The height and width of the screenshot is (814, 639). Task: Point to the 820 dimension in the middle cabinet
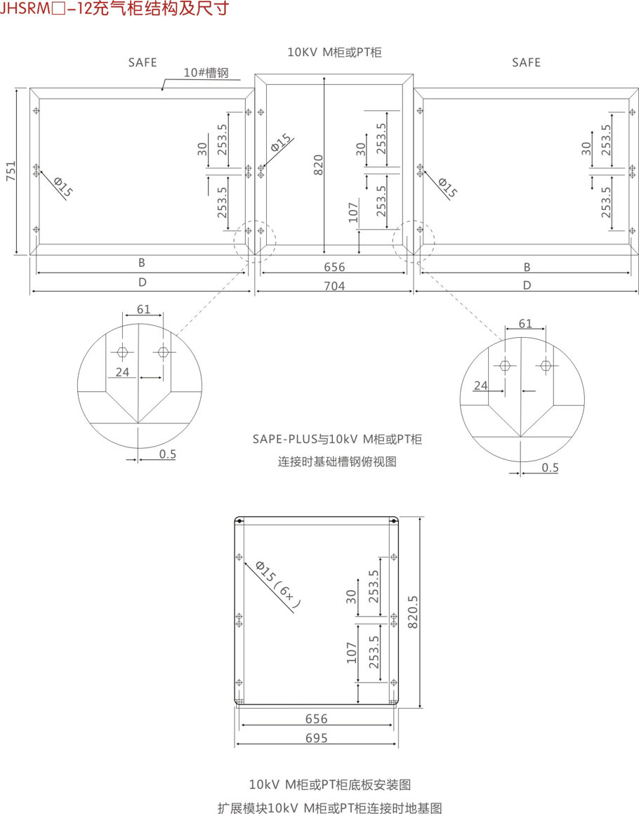click(318, 164)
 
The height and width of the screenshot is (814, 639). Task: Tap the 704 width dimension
click(334, 286)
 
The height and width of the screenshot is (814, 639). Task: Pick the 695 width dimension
click(316, 737)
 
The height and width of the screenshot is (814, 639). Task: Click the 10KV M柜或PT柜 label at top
click(334, 52)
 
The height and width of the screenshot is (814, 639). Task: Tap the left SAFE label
click(143, 63)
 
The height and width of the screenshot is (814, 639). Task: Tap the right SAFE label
click(526, 63)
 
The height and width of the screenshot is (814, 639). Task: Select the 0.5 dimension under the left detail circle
click(167, 454)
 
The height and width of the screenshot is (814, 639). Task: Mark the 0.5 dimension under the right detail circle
click(550, 468)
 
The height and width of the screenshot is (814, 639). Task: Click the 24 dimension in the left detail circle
click(123, 372)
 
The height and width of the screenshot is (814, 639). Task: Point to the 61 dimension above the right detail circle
click(525, 324)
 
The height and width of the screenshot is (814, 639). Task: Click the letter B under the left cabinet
click(141, 263)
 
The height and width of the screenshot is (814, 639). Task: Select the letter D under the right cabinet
click(527, 284)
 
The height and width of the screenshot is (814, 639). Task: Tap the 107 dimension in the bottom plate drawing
click(352, 652)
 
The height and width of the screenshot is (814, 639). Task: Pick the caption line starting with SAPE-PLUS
click(337, 440)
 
